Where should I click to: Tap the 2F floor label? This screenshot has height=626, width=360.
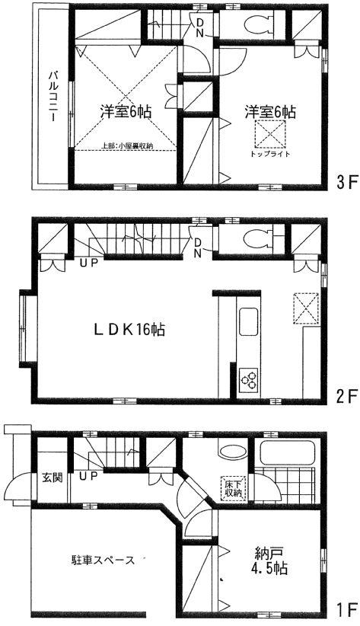346,396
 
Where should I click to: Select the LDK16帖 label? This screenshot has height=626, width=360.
130,331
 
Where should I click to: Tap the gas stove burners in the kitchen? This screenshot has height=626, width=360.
249,378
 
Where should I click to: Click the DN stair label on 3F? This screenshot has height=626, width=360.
199,28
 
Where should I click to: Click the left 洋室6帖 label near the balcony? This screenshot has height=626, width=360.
126,111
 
